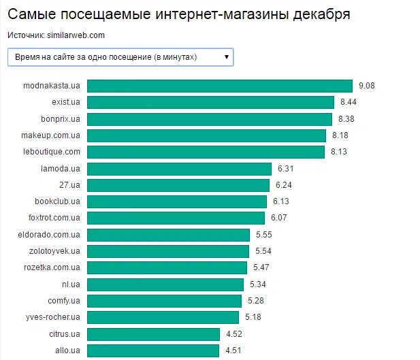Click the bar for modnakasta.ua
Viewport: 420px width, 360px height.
click(x=220, y=86)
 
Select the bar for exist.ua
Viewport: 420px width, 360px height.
click(x=210, y=102)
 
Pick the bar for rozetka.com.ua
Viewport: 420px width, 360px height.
click(x=168, y=267)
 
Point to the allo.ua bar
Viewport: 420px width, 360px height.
click(x=154, y=350)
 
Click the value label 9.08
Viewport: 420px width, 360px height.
click(x=367, y=86)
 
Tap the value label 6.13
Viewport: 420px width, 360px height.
click(x=281, y=201)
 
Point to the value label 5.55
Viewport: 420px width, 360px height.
click(x=263, y=235)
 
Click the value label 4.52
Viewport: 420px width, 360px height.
click(x=233, y=334)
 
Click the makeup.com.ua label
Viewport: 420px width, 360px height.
click(x=52, y=135)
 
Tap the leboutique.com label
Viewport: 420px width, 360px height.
click(x=52, y=152)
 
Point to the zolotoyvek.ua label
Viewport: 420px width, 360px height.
click(x=54, y=251)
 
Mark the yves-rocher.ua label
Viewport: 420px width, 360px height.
click(x=54, y=317)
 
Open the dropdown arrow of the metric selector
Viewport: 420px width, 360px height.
click(x=226, y=57)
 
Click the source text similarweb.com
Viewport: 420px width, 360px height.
click(x=76, y=35)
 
